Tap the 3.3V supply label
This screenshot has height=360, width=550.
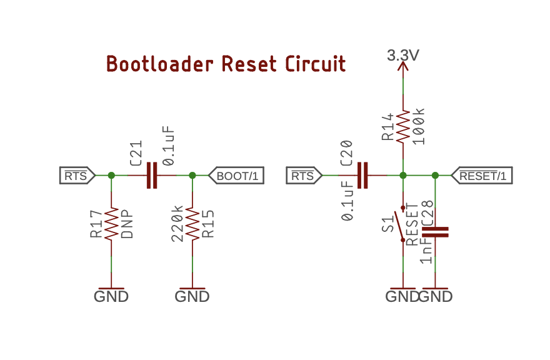[x=403, y=56]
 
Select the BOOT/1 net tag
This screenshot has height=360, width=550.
[x=236, y=176]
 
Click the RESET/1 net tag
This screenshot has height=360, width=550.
[x=481, y=176]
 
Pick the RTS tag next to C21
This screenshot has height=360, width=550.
[x=77, y=176]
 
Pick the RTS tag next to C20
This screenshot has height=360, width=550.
[x=303, y=176]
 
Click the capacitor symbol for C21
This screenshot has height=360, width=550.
[x=152, y=176]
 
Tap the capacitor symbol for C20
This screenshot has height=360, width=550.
[x=362, y=176]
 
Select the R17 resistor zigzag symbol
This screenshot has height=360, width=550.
[x=111, y=225]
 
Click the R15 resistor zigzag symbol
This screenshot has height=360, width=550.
[x=192, y=225]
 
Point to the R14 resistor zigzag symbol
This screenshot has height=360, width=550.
[x=403, y=126]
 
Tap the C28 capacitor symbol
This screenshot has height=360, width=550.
[x=436, y=232]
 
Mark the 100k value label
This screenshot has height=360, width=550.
[x=419, y=126]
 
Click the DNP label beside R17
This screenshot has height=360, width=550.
[x=127, y=225]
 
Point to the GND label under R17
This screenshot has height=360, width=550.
[x=111, y=296]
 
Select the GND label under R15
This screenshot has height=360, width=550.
[x=192, y=296]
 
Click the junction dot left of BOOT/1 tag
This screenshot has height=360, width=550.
[x=192, y=176]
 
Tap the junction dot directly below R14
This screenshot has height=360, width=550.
[x=403, y=176]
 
